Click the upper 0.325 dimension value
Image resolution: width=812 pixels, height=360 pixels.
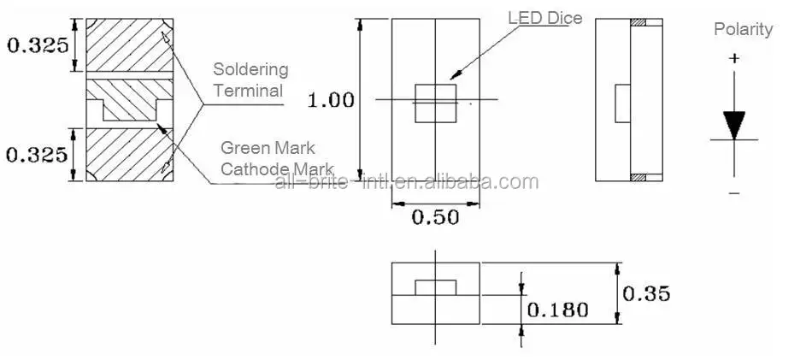click(x=38, y=44)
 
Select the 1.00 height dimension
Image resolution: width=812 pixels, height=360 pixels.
click(x=331, y=100)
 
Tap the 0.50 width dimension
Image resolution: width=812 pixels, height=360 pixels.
click(x=435, y=217)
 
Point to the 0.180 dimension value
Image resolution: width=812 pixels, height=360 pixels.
click(x=557, y=310)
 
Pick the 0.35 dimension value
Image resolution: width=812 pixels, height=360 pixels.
click(x=646, y=294)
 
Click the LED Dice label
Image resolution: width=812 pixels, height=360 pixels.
click(x=545, y=18)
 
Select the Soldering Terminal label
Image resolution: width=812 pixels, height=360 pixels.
click(x=250, y=80)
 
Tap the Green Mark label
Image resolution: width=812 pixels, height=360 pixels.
click(x=268, y=148)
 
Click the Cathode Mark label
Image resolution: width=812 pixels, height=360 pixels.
click(x=277, y=168)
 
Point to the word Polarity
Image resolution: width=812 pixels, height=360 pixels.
click(x=743, y=30)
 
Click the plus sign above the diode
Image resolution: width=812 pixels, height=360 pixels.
click(x=733, y=59)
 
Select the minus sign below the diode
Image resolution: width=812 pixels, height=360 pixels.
click(x=733, y=194)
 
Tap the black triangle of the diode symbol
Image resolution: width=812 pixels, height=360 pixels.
click(x=733, y=125)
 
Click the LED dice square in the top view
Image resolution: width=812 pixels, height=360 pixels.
click(x=435, y=103)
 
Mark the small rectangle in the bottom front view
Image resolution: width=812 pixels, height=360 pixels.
click(x=435, y=286)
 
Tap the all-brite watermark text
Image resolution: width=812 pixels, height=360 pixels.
click(x=406, y=182)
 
